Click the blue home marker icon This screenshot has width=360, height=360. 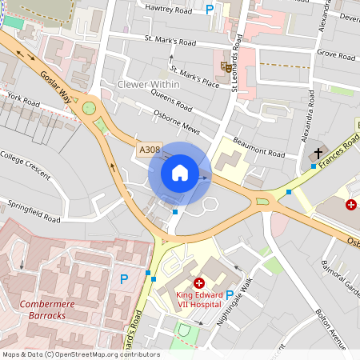[180, 173]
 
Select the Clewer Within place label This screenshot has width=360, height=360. [149, 84]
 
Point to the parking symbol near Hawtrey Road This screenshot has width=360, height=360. [210, 9]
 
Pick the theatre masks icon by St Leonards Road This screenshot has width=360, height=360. [226, 67]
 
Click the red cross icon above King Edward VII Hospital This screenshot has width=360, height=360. [198, 283]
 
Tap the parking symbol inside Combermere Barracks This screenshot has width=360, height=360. [123, 278]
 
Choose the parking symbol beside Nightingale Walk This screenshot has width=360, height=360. [230, 295]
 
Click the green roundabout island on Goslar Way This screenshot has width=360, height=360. [89, 107]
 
